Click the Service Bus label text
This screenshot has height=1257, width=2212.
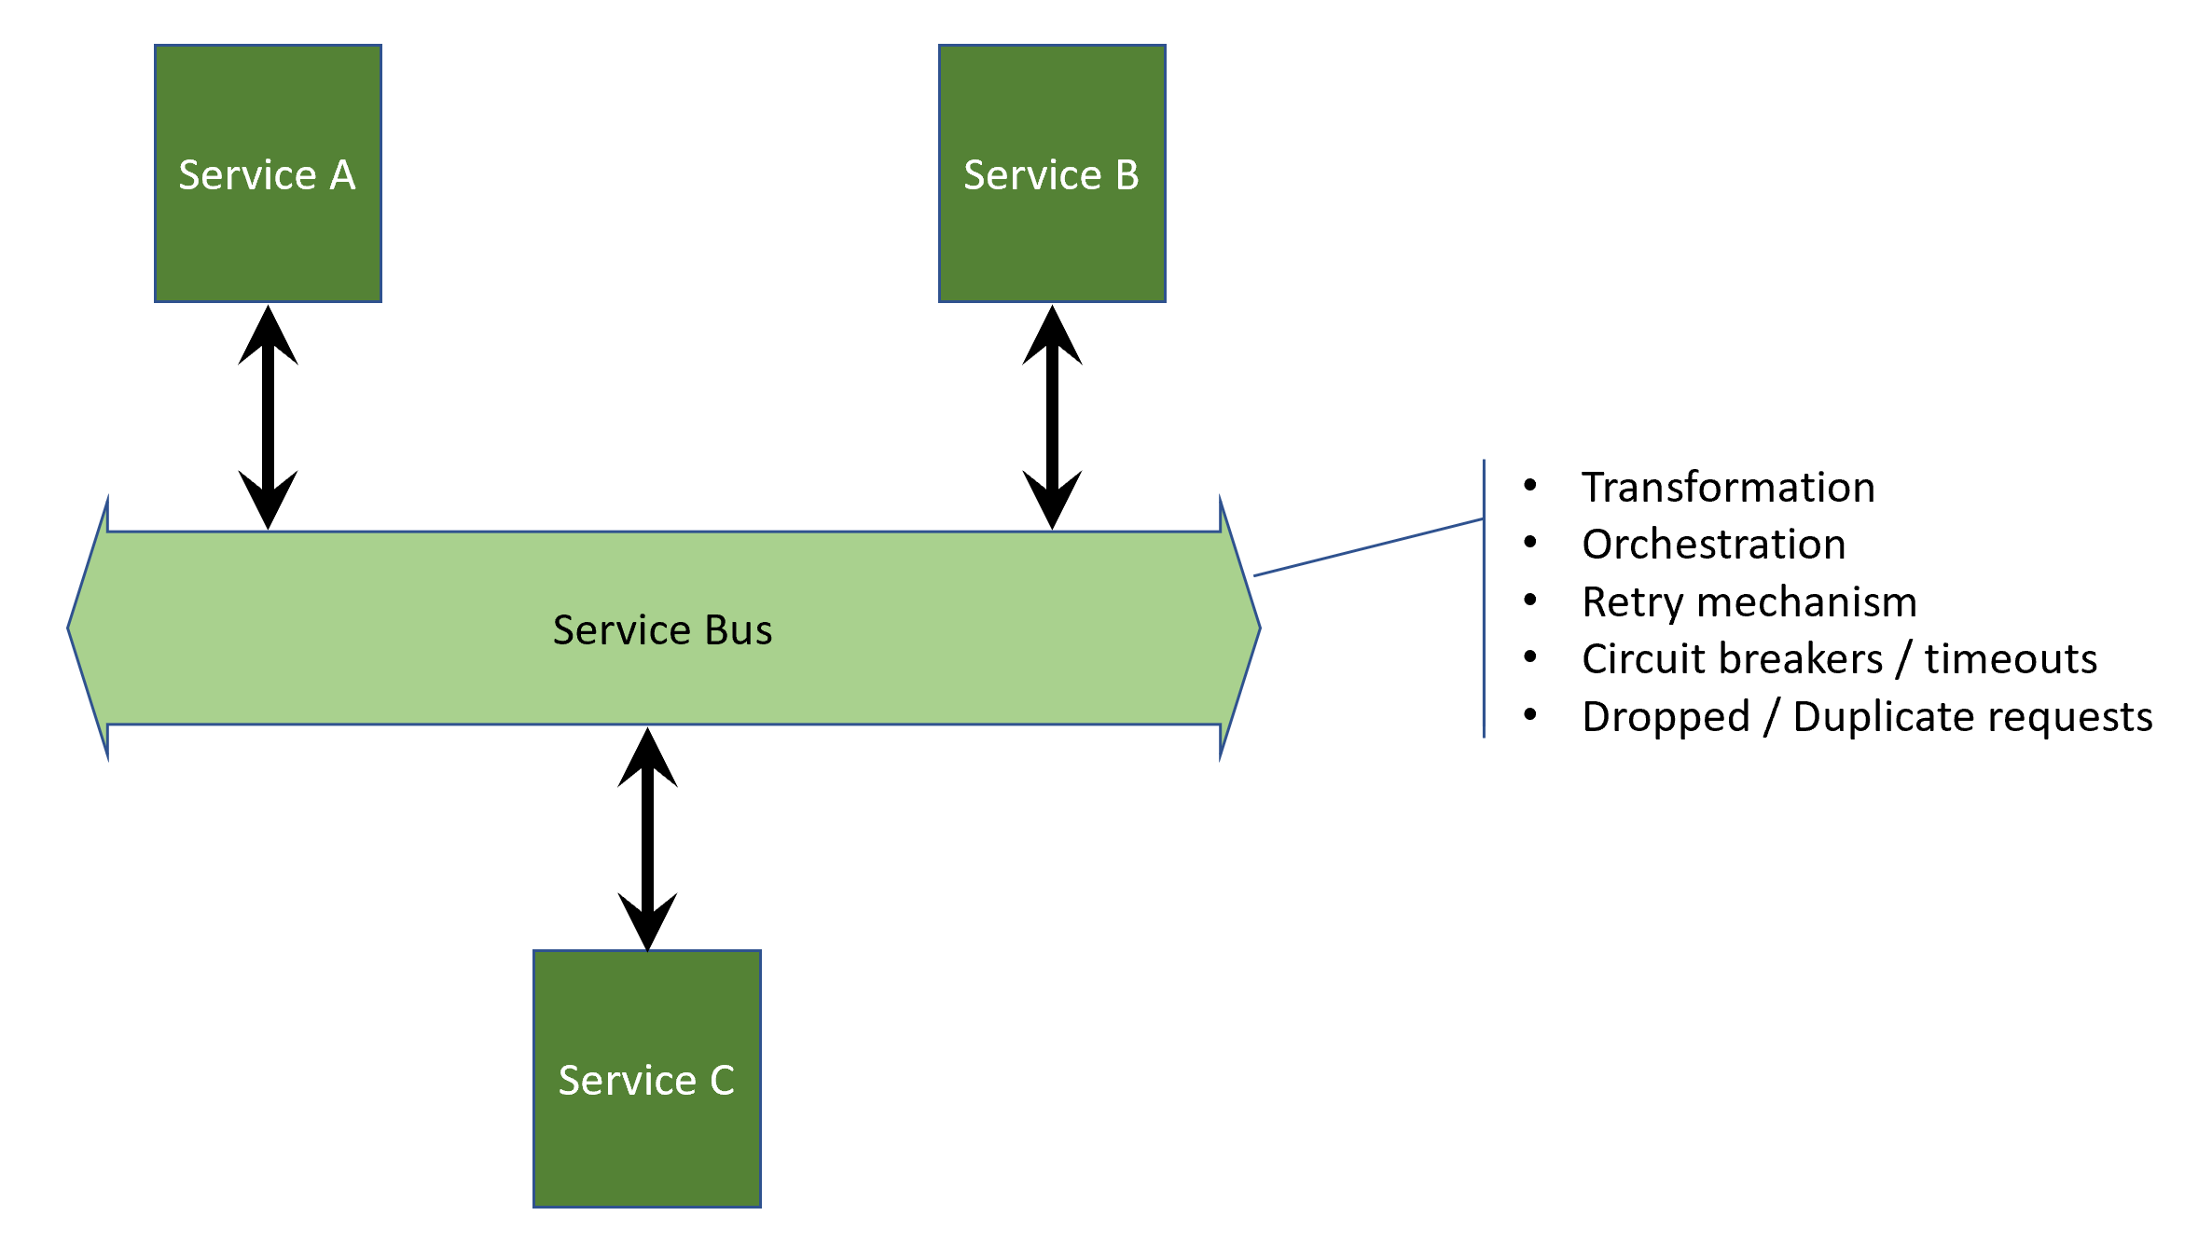662,630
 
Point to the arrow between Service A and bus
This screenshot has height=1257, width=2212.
268,418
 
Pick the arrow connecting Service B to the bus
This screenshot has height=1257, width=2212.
1052,418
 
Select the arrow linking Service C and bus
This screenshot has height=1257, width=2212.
647,839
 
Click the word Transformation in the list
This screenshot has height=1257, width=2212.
1728,488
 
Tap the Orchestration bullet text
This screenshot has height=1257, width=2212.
1714,545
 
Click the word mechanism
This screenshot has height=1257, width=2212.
1806,602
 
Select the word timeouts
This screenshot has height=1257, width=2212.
2011,659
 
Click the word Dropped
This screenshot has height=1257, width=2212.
1666,717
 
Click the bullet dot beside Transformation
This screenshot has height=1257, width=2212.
1530,485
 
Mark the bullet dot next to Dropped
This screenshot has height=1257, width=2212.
1530,714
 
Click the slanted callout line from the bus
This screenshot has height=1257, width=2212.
1368,547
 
